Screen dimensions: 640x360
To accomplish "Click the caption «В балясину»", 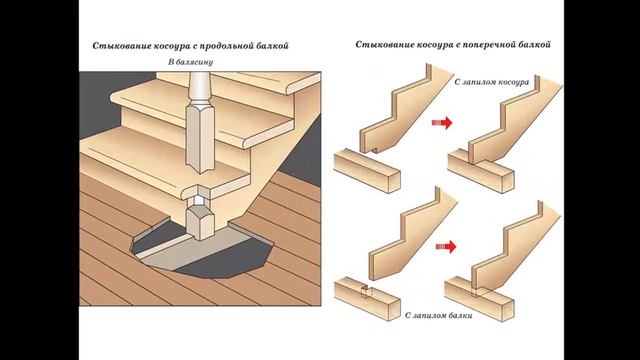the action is click(191, 62).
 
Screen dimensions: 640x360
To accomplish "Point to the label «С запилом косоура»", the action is click(492, 82).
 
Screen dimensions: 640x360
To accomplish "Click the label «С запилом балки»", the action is click(439, 316).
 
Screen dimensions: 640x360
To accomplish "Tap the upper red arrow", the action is click(442, 122).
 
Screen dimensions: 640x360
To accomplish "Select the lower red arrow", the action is click(446, 247).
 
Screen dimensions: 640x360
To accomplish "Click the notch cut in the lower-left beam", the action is click(367, 292).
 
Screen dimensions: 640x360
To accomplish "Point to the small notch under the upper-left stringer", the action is click(374, 150).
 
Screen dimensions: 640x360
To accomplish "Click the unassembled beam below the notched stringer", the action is click(367, 170).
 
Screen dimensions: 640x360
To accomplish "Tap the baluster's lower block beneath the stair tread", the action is click(200, 222).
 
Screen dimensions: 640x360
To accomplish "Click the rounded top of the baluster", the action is click(200, 88).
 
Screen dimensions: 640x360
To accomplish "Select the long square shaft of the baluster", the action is click(200, 138).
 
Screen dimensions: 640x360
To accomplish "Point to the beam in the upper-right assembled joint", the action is click(481, 171).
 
